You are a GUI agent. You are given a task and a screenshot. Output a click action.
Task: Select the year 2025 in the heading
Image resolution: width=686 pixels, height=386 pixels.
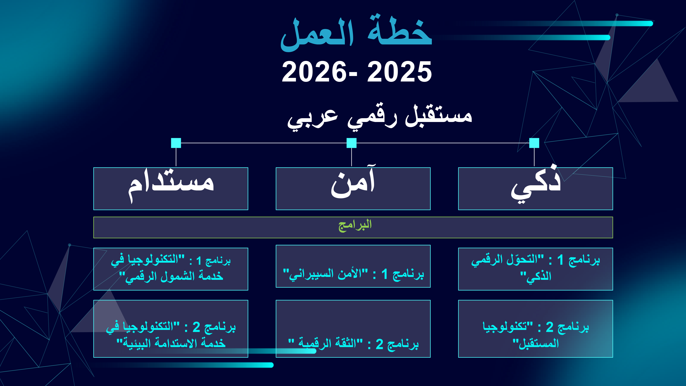tap(399, 72)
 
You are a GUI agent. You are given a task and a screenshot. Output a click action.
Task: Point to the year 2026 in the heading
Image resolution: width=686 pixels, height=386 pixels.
tap(314, 72)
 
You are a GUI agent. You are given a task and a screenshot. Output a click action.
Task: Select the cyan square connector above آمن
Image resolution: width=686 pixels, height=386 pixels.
tap(352, 143)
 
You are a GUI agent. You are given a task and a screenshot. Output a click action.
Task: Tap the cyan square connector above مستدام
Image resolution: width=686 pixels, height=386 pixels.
tap(176, 143)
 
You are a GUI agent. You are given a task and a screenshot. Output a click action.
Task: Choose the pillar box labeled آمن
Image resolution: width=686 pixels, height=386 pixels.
tap(353, 189)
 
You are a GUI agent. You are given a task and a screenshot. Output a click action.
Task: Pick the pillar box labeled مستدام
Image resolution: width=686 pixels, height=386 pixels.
tap(171, 189)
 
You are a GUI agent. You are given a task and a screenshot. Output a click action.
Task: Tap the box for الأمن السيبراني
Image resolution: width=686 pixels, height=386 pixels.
tap(353, 266)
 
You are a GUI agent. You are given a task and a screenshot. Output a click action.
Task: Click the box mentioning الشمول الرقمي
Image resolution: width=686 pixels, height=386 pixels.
tap(171, 269)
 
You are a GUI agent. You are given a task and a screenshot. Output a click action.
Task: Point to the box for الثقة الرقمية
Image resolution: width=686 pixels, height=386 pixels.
tap(353, 329)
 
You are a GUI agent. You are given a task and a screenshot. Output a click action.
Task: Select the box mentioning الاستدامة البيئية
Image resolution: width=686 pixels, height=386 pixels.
tap(171, 329)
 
